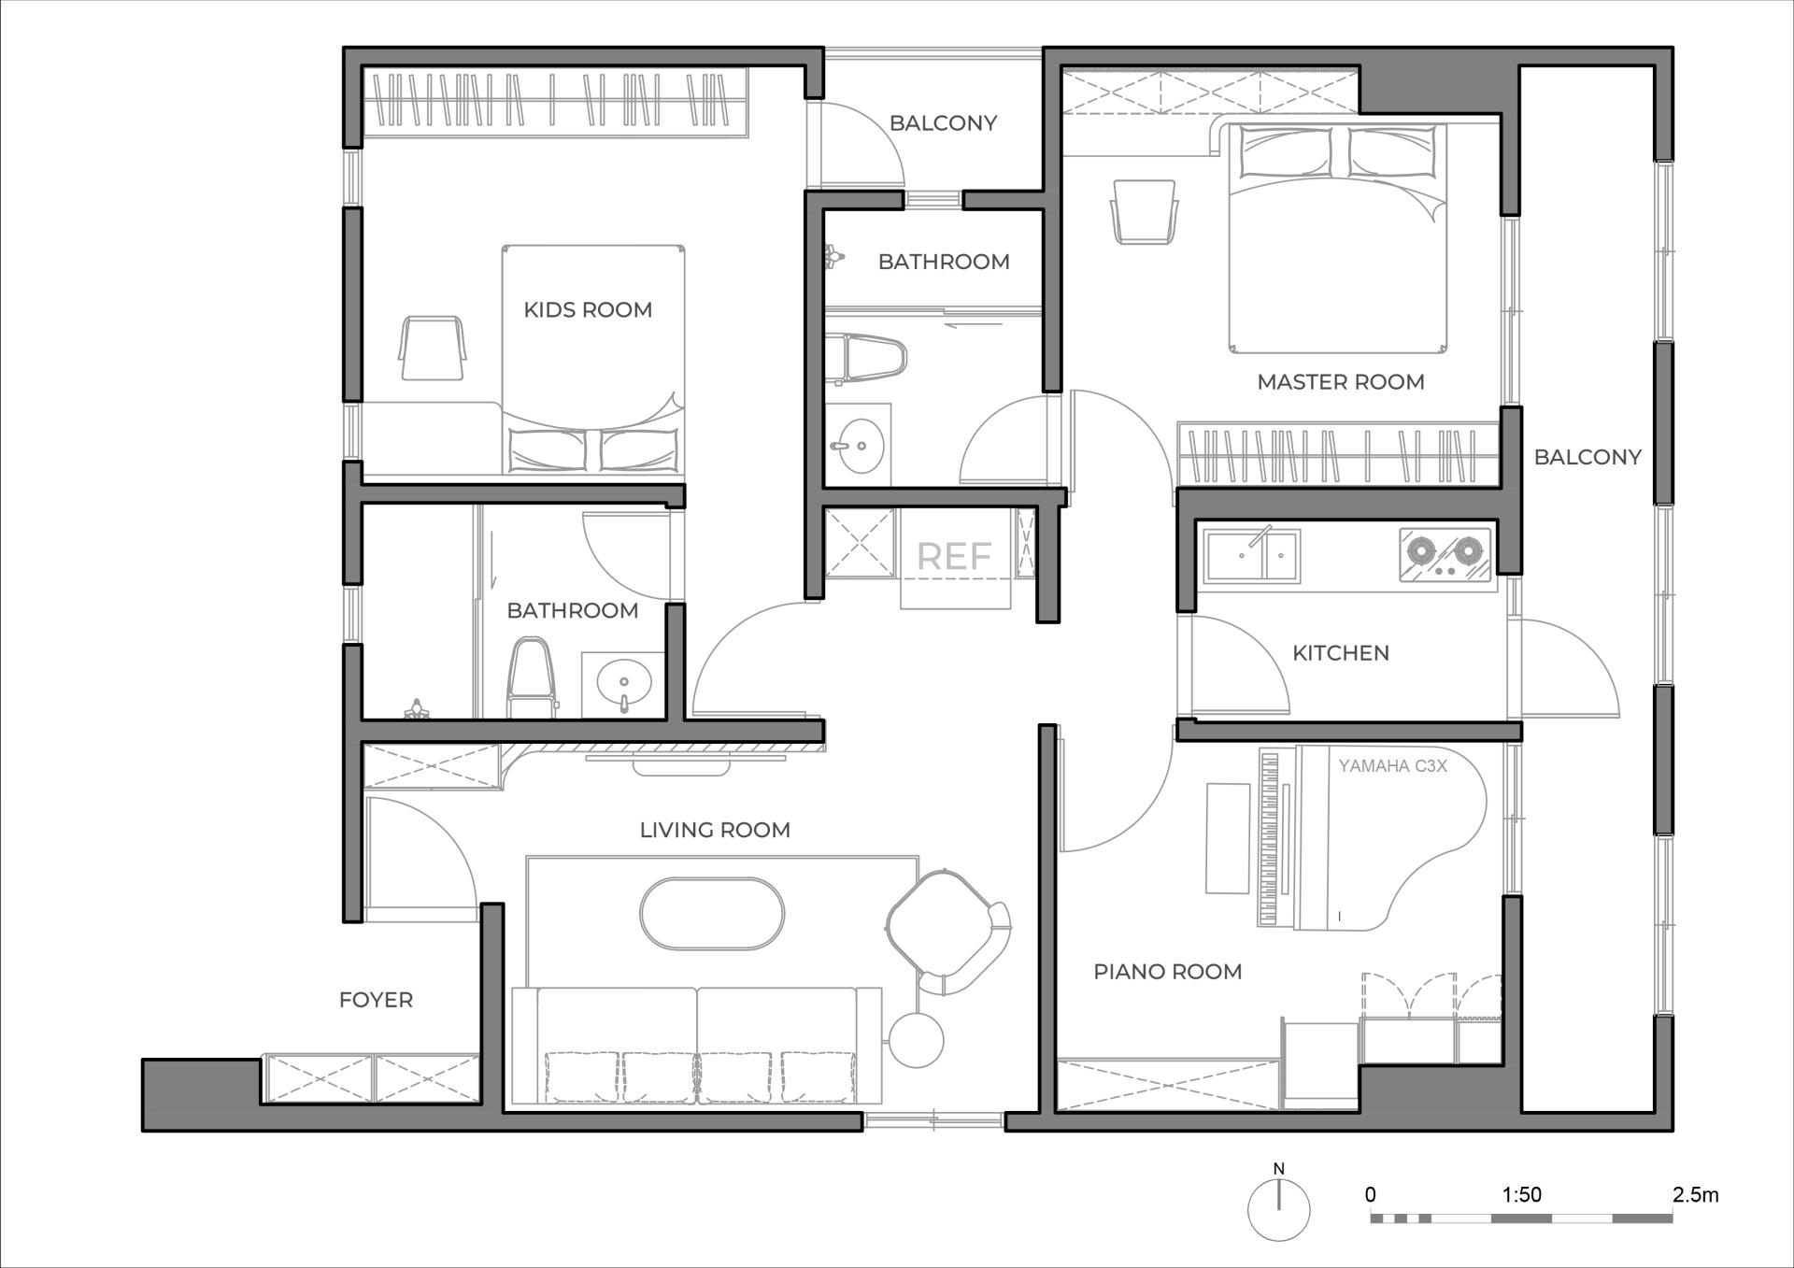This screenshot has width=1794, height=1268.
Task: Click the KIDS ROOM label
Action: [588, 309]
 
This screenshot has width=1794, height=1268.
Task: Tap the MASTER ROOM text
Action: [1341, 381]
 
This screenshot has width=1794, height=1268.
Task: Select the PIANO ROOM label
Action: [1168, 972]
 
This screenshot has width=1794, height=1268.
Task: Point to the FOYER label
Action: [376, 1000]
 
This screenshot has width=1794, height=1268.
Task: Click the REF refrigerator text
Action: [954, 557]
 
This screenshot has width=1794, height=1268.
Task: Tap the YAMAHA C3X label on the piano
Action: [1392, 766]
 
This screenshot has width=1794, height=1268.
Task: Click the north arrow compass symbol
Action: [1279, 1209]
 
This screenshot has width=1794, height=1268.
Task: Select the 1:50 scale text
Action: [1521, 1194]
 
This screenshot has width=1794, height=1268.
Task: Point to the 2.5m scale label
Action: [1695, 1194]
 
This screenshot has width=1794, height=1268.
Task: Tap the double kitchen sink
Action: [1251, 555]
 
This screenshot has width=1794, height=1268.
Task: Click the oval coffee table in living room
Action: [712, 914]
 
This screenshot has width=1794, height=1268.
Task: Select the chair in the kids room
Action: [432, 348]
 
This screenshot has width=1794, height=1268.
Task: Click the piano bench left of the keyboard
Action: [1228, 838]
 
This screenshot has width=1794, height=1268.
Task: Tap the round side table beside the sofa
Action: [916, 1039]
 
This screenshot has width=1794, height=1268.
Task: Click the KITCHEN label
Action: [1341, 653]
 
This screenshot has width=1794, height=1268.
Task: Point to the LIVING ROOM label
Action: [715, 830]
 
